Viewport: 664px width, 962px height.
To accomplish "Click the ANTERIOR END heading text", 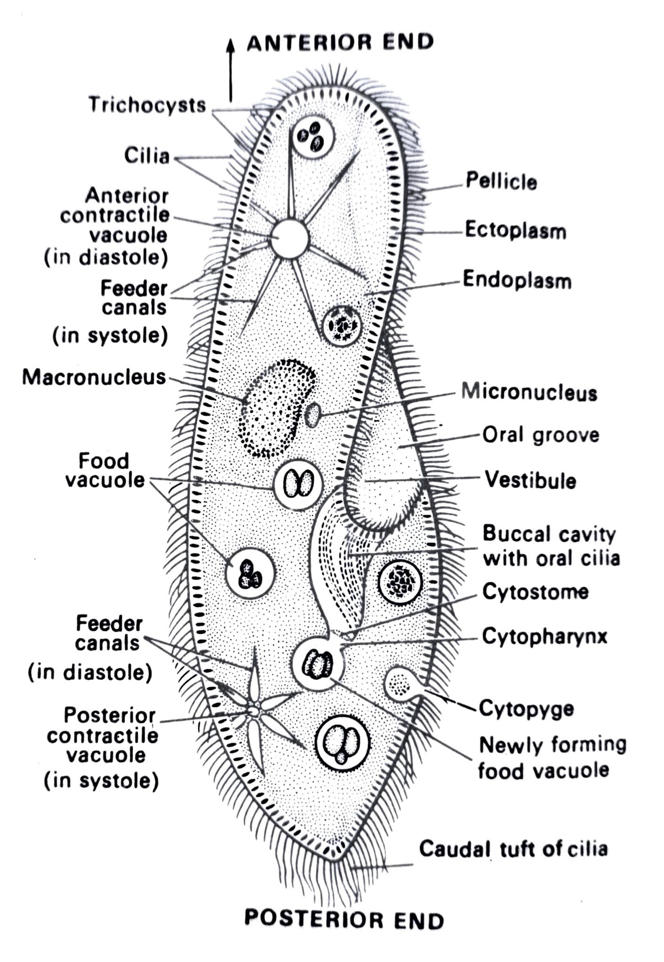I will (x=340, y=43).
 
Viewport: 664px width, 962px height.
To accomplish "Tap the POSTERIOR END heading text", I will (x=344, y=920).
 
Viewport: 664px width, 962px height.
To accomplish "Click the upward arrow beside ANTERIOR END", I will (x=230, y=70).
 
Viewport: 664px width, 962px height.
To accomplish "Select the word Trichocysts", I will (x=147, y=105).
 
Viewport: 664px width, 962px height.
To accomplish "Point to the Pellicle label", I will (x=501, y=181).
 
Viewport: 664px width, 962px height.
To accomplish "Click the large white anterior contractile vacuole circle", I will (x=290, y=239).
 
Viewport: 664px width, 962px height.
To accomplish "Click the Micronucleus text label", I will (x=529, y=392).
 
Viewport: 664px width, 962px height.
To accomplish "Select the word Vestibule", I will (x=530, y=480).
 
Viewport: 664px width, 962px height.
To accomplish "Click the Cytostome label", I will (x=535, y=591).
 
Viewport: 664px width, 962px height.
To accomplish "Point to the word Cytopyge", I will (x=526, y=708).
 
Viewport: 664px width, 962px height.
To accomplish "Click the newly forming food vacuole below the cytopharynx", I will (x=318, y=664).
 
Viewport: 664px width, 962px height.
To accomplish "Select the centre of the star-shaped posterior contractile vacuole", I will (x=254, y=711).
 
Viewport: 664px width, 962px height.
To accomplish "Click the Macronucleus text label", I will (x=94, y=377).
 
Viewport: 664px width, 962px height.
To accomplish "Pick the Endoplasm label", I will (x=517, y=280).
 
